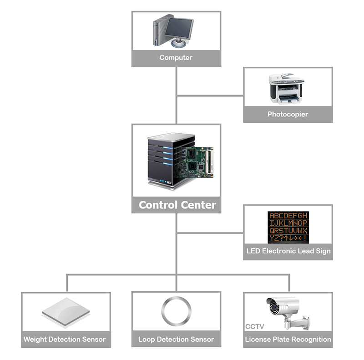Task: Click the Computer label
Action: pos(176,58)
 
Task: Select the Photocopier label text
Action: pos(288,114)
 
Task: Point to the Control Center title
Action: pos(177,205)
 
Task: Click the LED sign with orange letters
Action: pos(288,226)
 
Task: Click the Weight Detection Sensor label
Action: pos(65,340)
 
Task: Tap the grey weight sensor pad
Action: pos(66,312)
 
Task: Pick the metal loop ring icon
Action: pos(176,311)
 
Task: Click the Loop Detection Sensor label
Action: pos(176,340)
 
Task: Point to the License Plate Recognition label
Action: pos(288,340)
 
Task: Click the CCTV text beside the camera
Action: pos(255,326)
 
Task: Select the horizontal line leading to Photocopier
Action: pos(209,95)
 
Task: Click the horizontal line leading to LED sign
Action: pos(209,233)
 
